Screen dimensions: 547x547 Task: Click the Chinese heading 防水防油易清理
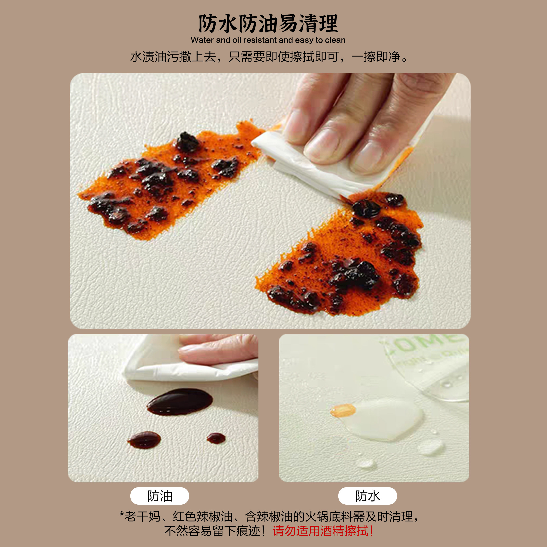pyautogui.click(x=268, y=24)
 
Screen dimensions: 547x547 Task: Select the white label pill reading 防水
pyautogui.click(x=367, y=496)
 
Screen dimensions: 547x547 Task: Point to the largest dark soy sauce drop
pyautogui.click(x=180, y=402)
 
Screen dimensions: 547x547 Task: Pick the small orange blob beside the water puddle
pyautogui.click(x=343, y=410)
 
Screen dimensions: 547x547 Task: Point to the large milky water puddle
pyautogui.click(x=385, y=419)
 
